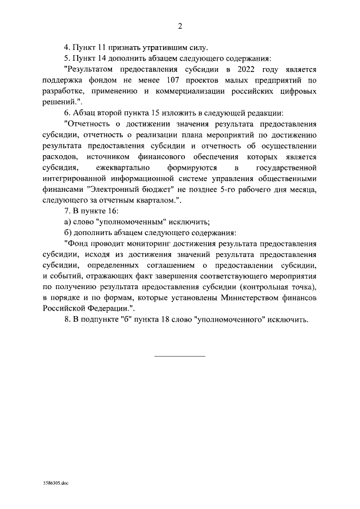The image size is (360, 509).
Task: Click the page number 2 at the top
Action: click(180, 26)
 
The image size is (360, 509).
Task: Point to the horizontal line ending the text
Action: click(180, 355)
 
